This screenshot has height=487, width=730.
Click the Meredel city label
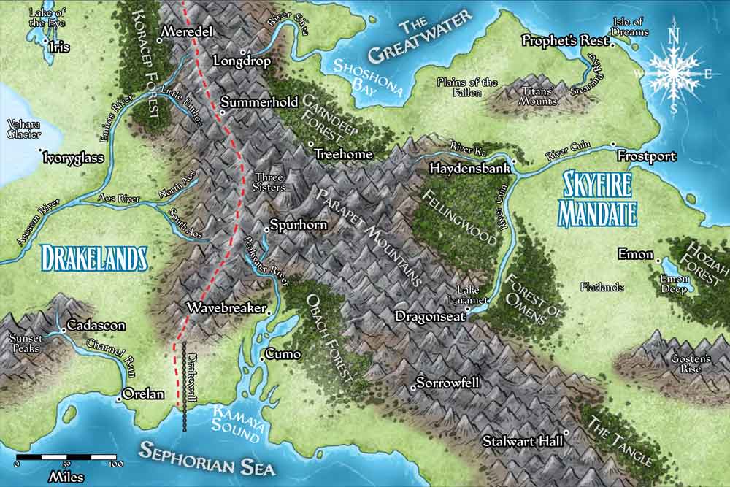tap(186, 32)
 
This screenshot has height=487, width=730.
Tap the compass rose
tap(674, 70)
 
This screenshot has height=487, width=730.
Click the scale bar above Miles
tap(66, 458)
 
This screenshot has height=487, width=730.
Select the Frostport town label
tap(646, 156)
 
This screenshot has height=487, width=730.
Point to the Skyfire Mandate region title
tap(598, 199)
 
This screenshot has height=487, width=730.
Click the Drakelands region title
tap(94, 258)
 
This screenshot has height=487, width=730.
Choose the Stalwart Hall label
tap(522, 442)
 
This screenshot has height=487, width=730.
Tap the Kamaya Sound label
tap(235, 423)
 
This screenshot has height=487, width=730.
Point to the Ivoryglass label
tap(73, 158)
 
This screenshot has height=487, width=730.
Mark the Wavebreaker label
tap(225, 308)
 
